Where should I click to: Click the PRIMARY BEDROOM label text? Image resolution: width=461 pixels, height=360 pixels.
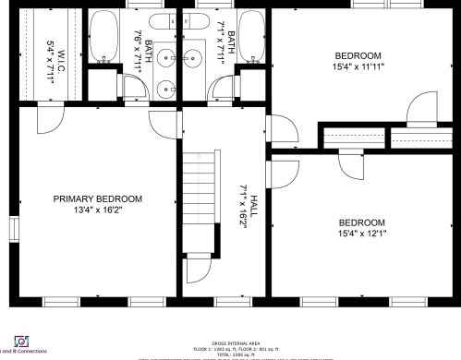coord(97,198)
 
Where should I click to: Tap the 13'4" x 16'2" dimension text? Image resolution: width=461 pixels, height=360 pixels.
coord(97,210)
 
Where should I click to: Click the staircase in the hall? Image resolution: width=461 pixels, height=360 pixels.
coord(200,202)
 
